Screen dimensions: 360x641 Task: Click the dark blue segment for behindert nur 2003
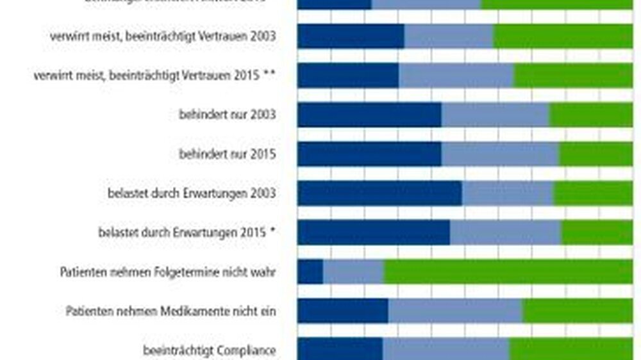(x=369, y=115)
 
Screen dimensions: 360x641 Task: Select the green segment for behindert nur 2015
(x=595, y=154)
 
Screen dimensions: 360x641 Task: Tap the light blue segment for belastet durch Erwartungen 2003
(x=508, y=193)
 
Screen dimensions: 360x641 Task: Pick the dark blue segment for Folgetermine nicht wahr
(x=310, y=272)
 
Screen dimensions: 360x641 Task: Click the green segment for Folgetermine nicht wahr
(x=508, y=272)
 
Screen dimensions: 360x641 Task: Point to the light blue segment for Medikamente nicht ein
(x=455, y=311)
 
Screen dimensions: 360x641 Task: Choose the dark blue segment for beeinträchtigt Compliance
(x=340, y=350)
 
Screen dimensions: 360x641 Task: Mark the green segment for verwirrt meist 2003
(x=563, y=36)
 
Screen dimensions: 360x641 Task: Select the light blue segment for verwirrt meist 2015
(x=456, y=75)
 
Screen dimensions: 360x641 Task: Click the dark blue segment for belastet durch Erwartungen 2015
(x=373, y=233)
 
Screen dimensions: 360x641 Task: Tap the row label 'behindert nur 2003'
(x=227, y=115)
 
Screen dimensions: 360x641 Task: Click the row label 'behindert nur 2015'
(x=227, y=154)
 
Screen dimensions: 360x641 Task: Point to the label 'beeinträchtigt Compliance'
(x=209, y=350)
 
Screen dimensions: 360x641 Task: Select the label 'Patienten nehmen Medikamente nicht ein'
(x=171, y=311)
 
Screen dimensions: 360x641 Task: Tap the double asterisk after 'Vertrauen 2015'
(x=269, y=75)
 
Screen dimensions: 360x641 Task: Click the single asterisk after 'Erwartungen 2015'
(x=272, y=233)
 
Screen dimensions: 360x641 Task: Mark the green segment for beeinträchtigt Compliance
(x=570, y=350)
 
